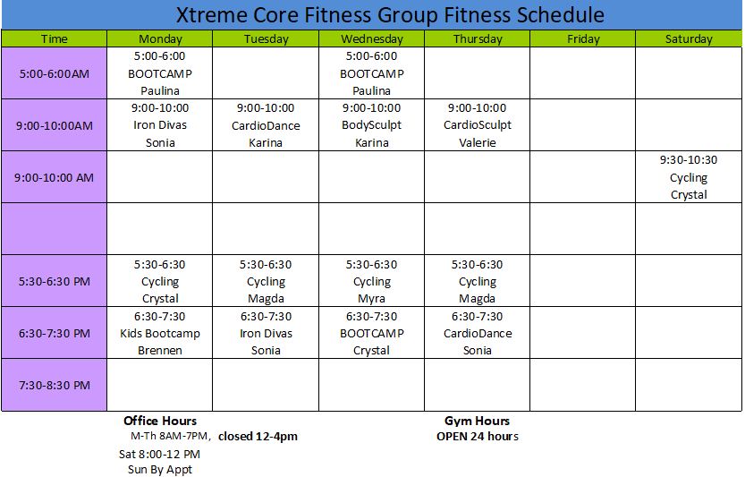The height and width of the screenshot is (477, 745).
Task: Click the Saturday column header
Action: (689, 38)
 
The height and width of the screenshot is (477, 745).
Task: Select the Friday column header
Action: (582, 38)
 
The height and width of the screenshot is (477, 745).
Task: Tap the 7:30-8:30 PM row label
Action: (55, 385)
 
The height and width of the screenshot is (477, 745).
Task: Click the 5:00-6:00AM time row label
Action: (55, 73)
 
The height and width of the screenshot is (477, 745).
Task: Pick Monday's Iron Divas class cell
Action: (159, 125)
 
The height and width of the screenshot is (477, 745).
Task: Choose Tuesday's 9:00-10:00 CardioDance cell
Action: (266, 125)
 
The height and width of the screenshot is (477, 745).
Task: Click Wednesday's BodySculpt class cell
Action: (371, 125)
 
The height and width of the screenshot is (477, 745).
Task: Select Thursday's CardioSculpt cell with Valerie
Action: (477, 125)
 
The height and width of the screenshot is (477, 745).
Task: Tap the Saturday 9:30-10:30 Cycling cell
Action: (689, 177)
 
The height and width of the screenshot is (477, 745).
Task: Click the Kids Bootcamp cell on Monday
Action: (159, 333)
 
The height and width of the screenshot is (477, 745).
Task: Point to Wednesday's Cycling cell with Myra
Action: (371, 281)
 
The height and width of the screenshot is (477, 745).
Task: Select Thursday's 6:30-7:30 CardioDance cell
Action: (477, 333)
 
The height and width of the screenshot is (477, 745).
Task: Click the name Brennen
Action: (159, 351)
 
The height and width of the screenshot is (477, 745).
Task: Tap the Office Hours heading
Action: (159, 421)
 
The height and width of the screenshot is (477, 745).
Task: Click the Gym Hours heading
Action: (477, 421)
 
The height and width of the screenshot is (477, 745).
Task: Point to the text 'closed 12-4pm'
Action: (258, 437)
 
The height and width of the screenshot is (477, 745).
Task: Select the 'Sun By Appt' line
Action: (159, 470)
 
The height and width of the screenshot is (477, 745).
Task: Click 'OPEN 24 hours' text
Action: (478, 437)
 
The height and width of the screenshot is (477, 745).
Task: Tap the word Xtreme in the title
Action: (211, 14)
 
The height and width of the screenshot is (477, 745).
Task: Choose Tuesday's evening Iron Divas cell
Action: (266, 333)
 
